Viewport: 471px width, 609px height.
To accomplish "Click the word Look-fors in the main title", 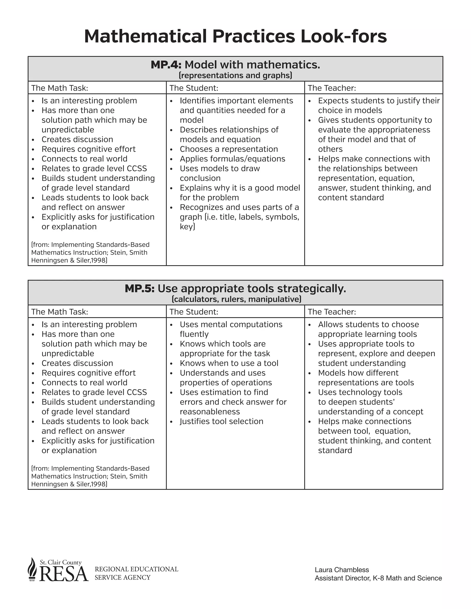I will [344, 36].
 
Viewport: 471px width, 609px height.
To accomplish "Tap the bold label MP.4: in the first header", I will [166, 65].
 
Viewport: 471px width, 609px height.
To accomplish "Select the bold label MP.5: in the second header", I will [140, 289].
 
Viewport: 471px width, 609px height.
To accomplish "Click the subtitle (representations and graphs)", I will [235, 76].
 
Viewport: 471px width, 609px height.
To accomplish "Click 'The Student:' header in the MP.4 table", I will [194, 88].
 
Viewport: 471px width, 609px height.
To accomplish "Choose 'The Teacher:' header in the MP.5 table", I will [332, 312].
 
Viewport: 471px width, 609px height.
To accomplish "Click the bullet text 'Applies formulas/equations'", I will [233, 159].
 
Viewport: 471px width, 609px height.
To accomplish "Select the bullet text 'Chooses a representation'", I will [229, 149].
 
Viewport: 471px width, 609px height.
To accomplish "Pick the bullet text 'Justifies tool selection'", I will [221, 421].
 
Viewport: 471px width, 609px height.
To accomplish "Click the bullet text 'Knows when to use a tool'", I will [229, 363].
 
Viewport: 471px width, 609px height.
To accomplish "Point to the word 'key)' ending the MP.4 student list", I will [187, 227].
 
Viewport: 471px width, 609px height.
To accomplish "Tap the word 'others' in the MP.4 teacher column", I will [330, 149].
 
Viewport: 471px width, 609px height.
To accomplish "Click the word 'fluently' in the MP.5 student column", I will [194, 334].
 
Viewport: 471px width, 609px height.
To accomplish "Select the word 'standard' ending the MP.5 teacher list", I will [335, 450].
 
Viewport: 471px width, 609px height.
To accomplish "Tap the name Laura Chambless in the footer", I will [342, 570].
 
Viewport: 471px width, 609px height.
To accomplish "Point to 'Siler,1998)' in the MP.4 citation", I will [92, 260].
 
